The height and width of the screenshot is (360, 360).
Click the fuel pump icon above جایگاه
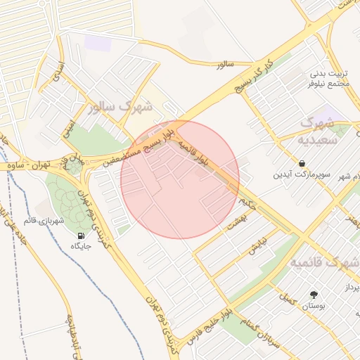[80, 235]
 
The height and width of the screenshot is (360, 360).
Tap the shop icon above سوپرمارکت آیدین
[301, 163]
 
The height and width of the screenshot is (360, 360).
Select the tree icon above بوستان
[313, 295]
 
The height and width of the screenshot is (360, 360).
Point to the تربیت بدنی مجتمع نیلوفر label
[329, 78]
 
